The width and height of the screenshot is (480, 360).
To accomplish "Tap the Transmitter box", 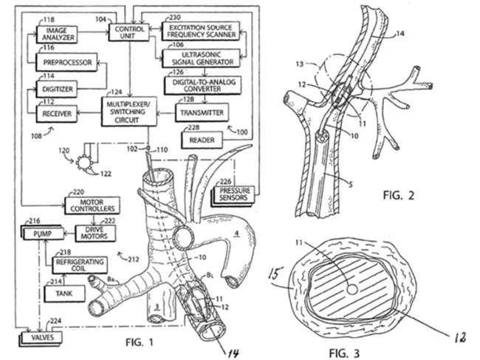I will pos(200,112).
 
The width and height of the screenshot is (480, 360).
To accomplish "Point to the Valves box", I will pos(47,339).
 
